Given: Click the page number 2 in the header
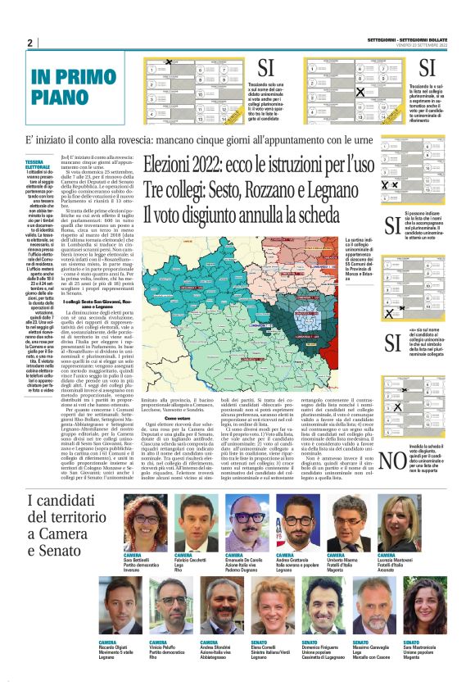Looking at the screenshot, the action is [x=29, y=43].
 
